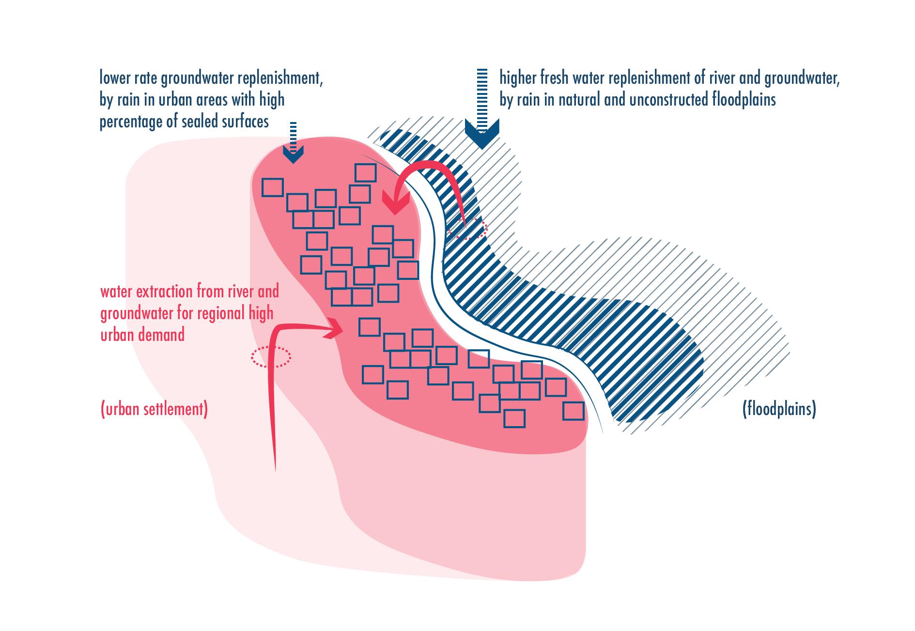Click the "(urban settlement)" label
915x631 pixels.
154,410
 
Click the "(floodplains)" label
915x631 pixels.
779,410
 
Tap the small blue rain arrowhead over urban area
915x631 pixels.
293,154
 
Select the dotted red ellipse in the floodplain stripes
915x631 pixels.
467,229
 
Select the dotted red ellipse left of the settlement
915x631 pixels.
271,357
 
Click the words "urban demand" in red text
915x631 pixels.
142,335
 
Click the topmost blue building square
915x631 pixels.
366,173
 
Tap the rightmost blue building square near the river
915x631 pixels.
574,411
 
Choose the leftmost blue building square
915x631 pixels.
272,187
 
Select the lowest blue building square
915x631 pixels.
514,419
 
